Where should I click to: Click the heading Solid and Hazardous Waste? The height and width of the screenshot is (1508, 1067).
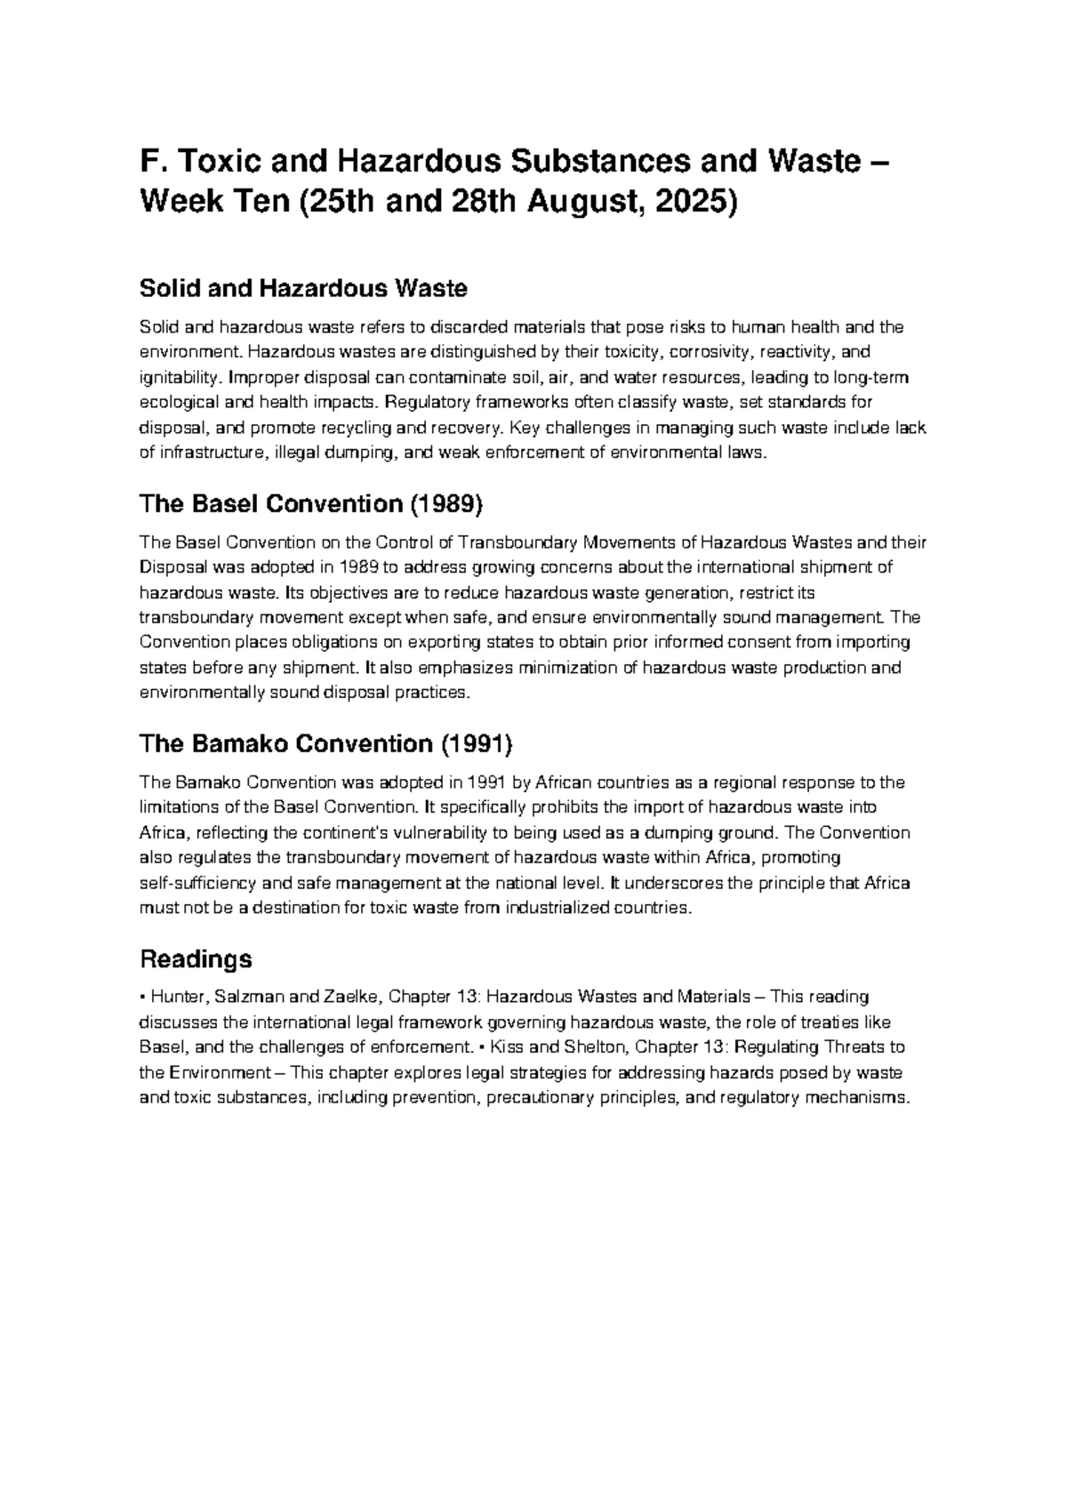[x=303, y=288]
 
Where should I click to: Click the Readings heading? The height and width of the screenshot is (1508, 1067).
[x=196, y=959]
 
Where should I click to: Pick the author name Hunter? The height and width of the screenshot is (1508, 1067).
[x=175, y=997]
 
